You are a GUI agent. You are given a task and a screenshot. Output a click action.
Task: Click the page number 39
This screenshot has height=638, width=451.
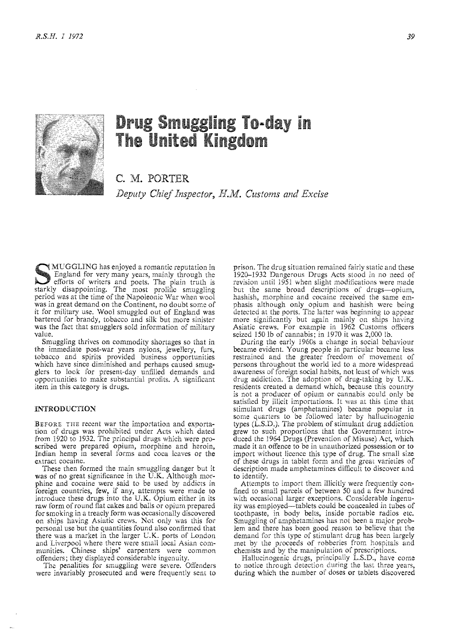pos(412,37)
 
